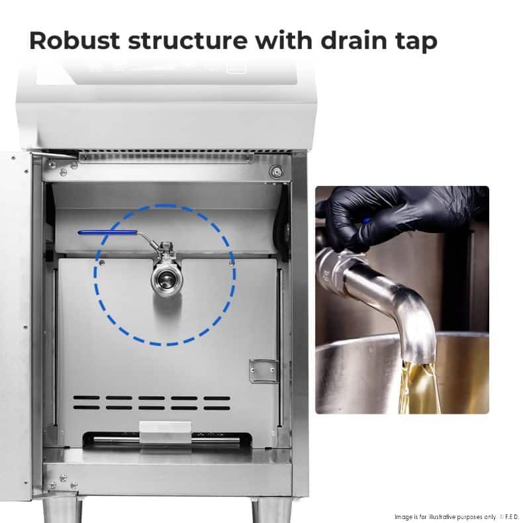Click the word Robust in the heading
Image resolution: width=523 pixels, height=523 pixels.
click(x=74, y=40)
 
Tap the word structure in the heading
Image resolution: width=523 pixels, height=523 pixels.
click(x=188, y=40)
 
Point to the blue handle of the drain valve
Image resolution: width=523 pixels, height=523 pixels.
click(x=107, y=232)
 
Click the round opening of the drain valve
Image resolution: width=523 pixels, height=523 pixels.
click(x=166, y=277)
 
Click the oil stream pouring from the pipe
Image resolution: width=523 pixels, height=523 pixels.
click(x=418, y=387)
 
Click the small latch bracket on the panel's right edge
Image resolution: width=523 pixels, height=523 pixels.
click(x=263, y=371)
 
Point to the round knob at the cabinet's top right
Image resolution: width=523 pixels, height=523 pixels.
click(x=276, y=172)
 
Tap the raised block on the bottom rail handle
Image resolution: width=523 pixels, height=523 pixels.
click(x=166, y=432)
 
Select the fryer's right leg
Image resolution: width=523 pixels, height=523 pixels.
click(x=271, y=510)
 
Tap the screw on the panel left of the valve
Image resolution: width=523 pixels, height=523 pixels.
click(x=102, y=263)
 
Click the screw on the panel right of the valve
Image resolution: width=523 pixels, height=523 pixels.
click(x=232, y=263)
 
